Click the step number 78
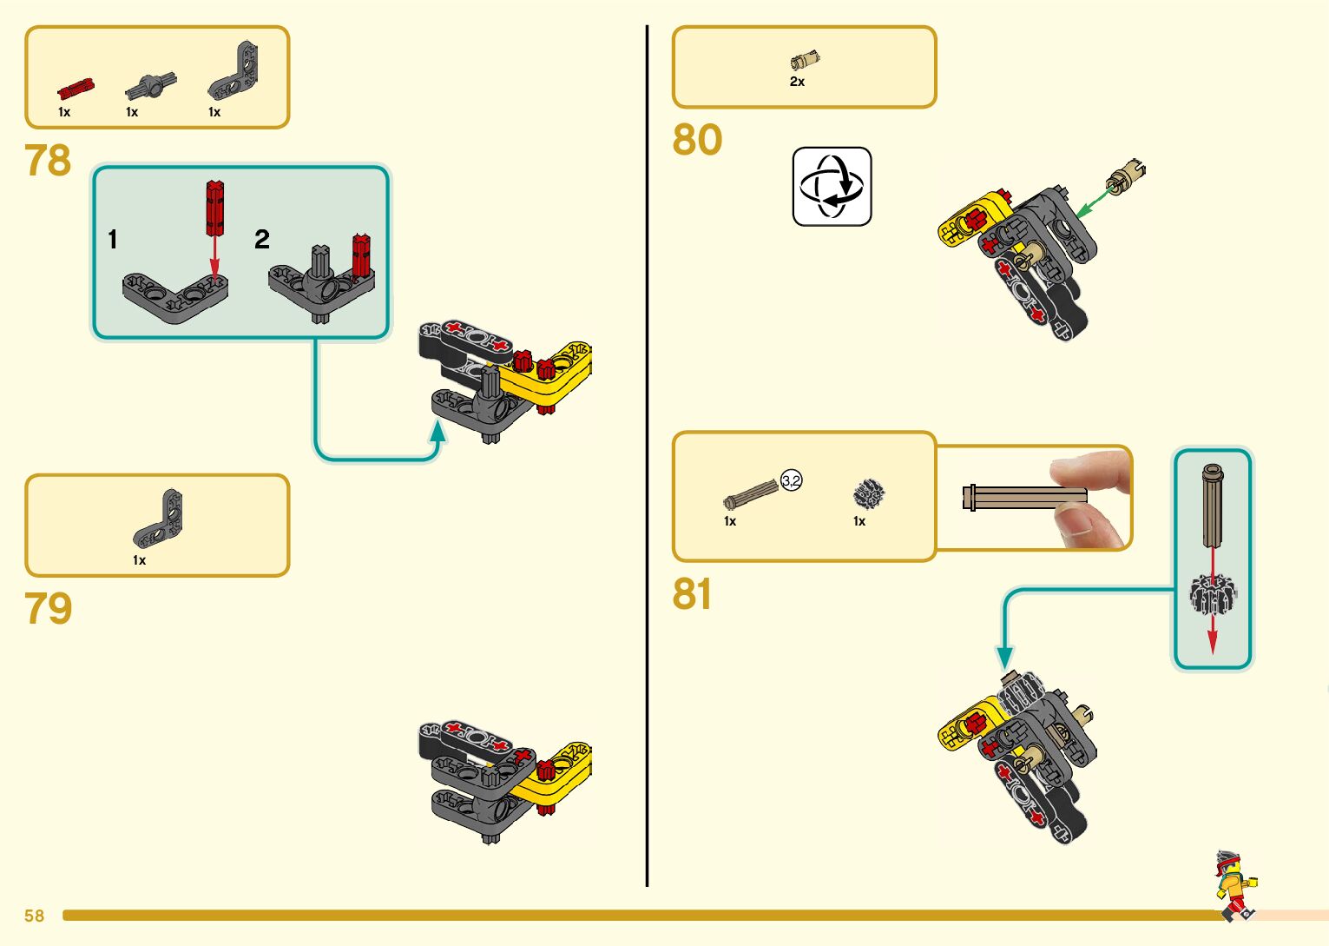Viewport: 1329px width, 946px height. tap(48, 161)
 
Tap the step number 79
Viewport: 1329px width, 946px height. tap(48, 608)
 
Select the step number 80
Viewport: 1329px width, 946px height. tap(696, 140)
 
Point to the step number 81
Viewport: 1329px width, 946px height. tap(691, 594)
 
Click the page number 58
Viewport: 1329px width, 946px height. tap(34, 916)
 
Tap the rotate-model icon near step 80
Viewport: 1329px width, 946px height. tap(832, 187)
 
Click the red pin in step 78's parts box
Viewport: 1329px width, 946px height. tap(75, 89)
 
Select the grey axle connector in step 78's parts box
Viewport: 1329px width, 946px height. tap(151, 86)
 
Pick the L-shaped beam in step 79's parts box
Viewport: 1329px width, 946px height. tap(160, 518)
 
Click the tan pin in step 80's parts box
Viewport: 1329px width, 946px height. tap(805, 61)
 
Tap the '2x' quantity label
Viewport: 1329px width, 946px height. tap(797, 82)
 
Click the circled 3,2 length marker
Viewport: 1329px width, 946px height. tap(791, 480)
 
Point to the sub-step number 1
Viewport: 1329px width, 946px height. tap(113, 240)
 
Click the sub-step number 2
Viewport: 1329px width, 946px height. tap(262, 240)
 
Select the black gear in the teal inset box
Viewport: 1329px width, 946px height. tap(1212, 593)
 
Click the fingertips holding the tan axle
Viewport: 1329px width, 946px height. tap(1089, 499)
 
